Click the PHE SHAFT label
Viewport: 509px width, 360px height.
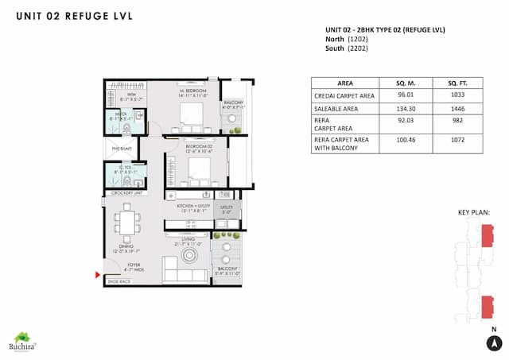[122, 148]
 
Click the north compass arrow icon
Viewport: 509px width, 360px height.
[493, 343]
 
